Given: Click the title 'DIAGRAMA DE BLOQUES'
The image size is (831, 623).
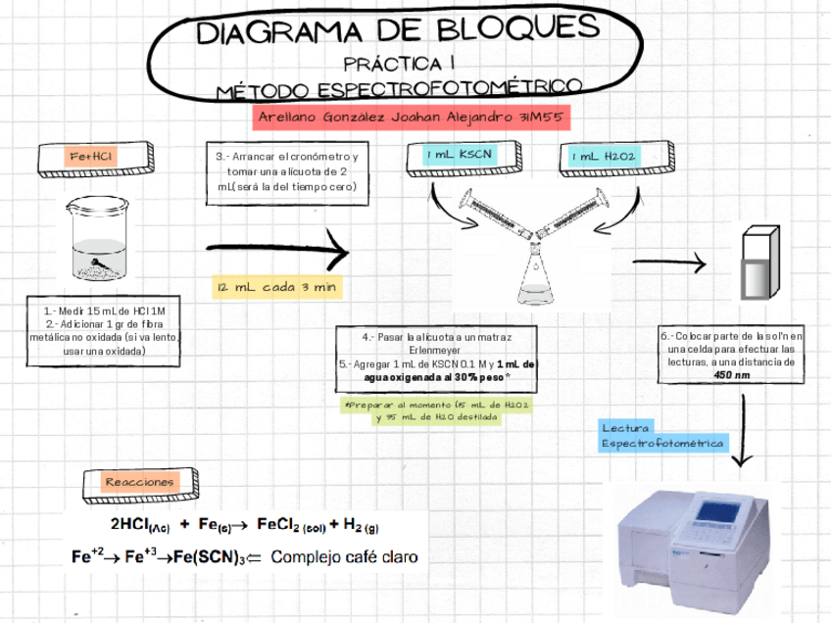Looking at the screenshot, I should click(x=397, y=31).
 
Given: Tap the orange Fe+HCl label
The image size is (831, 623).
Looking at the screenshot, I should click(x=94, y=158).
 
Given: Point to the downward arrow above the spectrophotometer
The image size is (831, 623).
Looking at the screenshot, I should click(x=745, y=431).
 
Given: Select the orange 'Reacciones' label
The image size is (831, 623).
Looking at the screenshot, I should click(x=141, y=482).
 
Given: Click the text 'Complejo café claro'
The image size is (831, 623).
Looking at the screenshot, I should click(x=344, y=558).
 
